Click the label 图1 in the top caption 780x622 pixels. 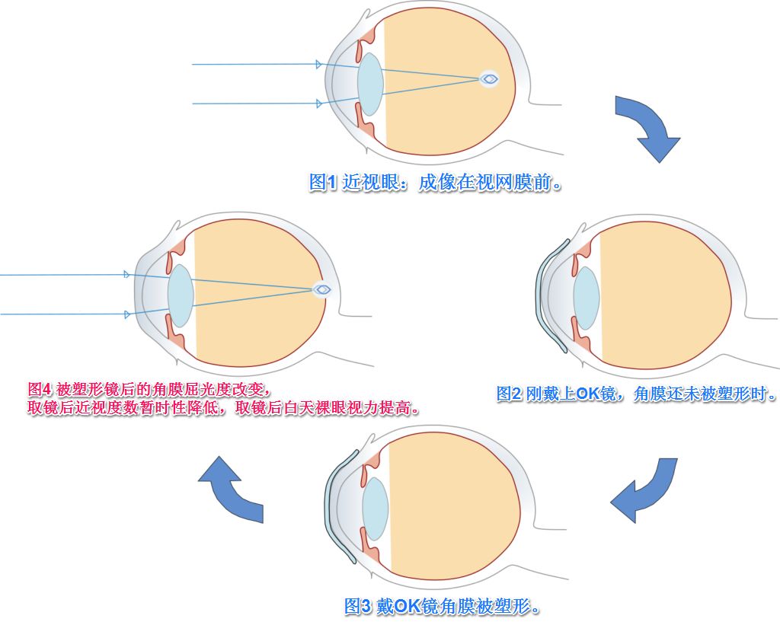coord(322,183)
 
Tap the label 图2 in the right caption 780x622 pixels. coord(510,394)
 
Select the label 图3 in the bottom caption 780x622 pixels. coord(357,606)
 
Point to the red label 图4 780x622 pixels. coord(40,389)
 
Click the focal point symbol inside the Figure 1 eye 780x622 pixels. coord(490,78)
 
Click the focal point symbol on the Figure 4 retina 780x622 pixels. coord(323,289)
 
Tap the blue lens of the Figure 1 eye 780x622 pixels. coord(370,84)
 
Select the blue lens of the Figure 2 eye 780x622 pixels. coord(586,297)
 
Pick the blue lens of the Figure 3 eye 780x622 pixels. coord(376,509)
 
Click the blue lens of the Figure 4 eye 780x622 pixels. coord(181,295)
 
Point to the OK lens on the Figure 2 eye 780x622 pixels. coord(551,297)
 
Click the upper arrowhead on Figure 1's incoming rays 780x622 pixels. coord(318,65)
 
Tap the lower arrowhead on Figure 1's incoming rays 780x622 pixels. coord(318,104)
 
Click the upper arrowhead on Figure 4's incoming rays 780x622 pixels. coord(126,275)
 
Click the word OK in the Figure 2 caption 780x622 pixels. coord(588,394)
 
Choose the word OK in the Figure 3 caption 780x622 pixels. coord(407,606)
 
